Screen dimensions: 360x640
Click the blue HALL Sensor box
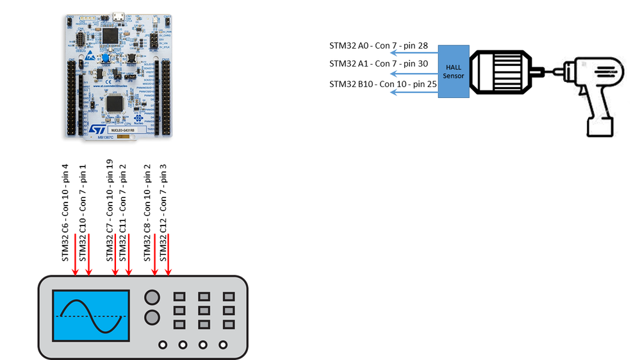click(x=454, y=71)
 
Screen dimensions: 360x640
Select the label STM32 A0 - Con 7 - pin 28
click(x=378, y=46)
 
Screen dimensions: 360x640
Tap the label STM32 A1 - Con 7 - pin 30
click(x=378, y=63)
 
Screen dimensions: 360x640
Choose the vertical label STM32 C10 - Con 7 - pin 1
click(x=83, y=211)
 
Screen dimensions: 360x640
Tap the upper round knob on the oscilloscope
click(x=152, y=297)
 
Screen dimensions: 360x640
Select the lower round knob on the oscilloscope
click(x=152, y=317)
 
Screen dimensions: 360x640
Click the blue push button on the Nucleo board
click(x=103, y=59)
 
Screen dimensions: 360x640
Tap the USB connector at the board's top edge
click(x=119, y=15)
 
